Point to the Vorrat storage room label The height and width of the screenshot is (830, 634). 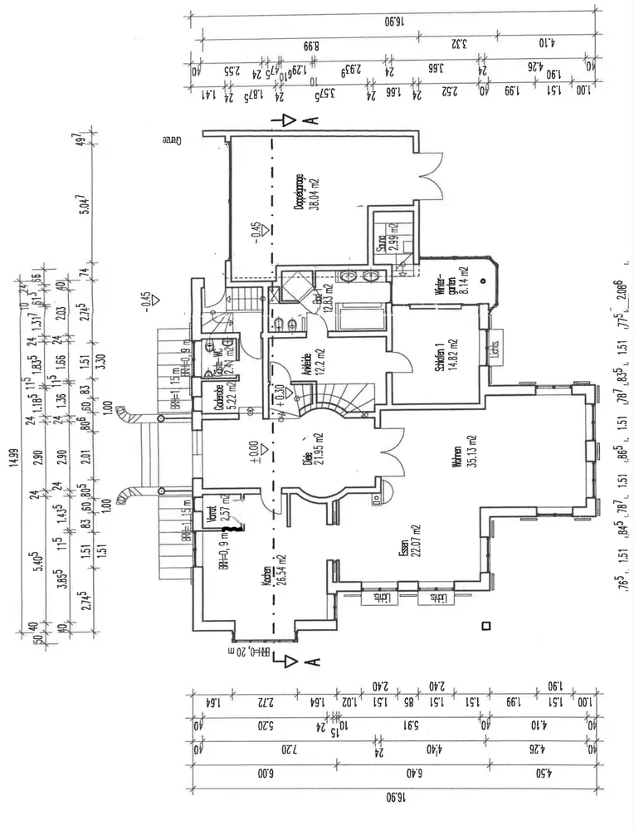214,518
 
